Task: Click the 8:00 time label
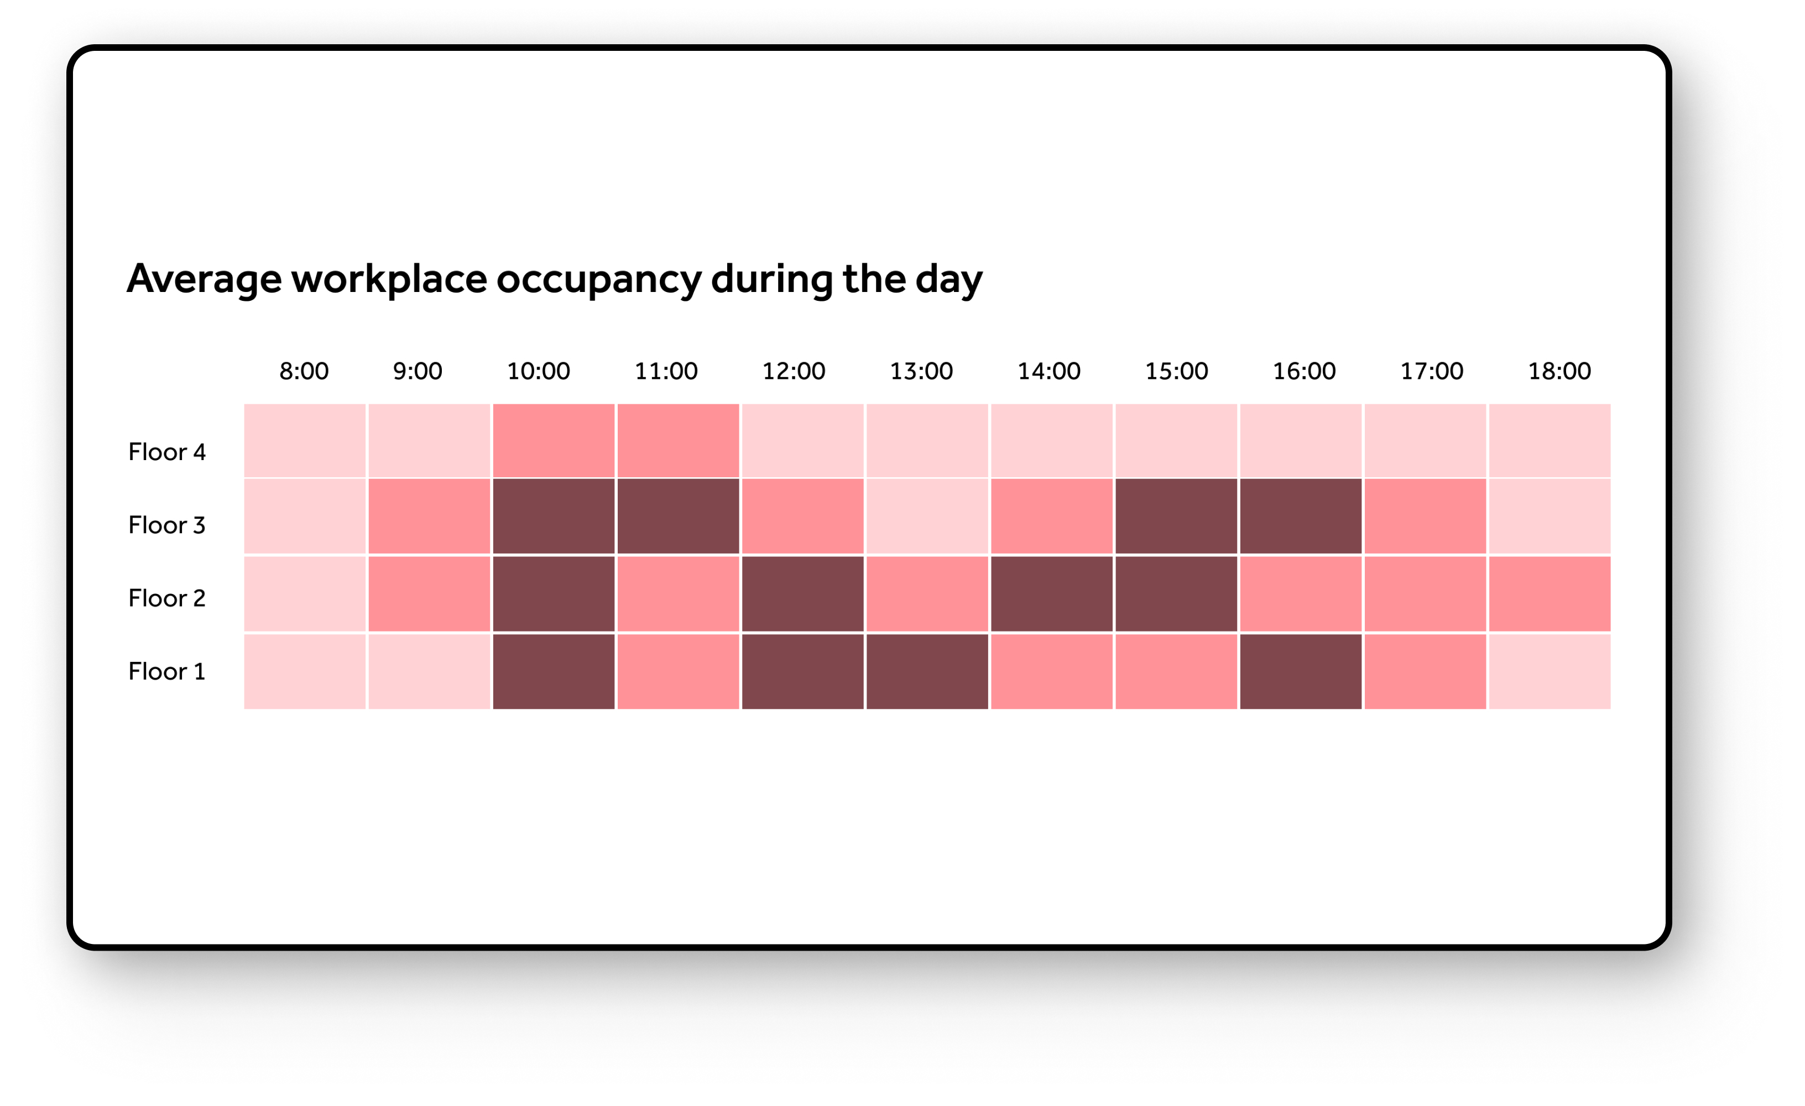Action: tap(304, 372)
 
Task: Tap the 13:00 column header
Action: tap(921, 372)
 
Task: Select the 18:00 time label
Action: tap(1559, 372)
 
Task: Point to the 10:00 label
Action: tap(539, 372)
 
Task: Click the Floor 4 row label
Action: tap(167, 452)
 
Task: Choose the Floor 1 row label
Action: tap(167, 672)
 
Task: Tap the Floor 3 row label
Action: tap(167, 525)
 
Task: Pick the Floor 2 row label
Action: tap(167, 598)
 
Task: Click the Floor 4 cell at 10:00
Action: tap(554, 441)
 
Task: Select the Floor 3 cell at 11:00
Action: tap(679, 517)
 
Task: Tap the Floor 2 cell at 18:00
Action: tap(1550, 594)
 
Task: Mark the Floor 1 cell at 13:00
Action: tap(927, 672)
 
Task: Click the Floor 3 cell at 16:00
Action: tap(1301, 517)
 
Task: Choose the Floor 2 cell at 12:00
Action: tap(803, 594)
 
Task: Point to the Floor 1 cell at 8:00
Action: tap(305, 672)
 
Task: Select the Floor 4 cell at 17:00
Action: tap(1426, 441)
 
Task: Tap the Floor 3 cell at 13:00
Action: tap(927, 517)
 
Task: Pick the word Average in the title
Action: tap(205, 280)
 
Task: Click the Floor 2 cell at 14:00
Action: tap(1052, 594)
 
